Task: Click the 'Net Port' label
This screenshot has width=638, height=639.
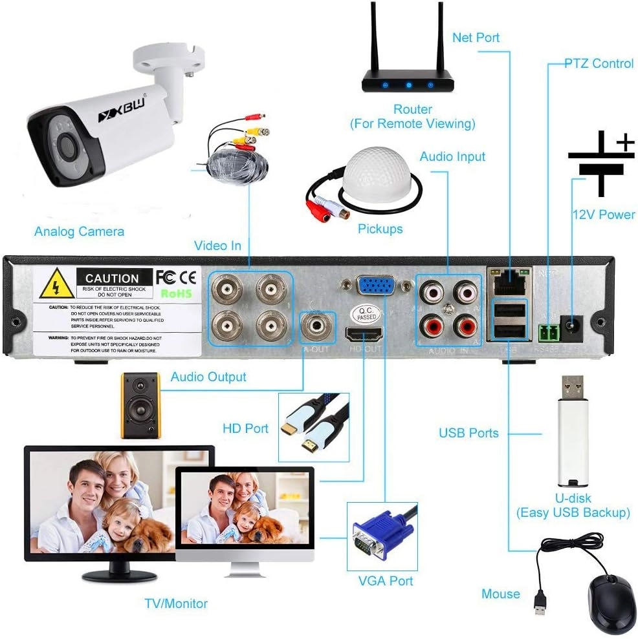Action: click(476, 37)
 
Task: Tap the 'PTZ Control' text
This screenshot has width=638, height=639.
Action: click(599, 63)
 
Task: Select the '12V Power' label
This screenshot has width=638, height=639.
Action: click(603, 215)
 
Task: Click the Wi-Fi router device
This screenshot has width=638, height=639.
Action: click(407, 78)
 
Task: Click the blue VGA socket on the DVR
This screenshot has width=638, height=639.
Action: click(375, 285)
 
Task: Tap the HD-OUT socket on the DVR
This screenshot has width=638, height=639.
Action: click(365, 334)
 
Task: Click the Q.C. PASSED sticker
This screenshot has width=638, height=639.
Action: click(364, 315)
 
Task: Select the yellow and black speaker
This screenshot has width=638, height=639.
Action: click(140, 406)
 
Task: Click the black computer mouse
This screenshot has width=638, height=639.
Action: click(611, 602)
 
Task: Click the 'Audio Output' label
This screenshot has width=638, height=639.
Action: click(208, 377)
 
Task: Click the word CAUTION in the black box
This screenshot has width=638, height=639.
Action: click(112, 278)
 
